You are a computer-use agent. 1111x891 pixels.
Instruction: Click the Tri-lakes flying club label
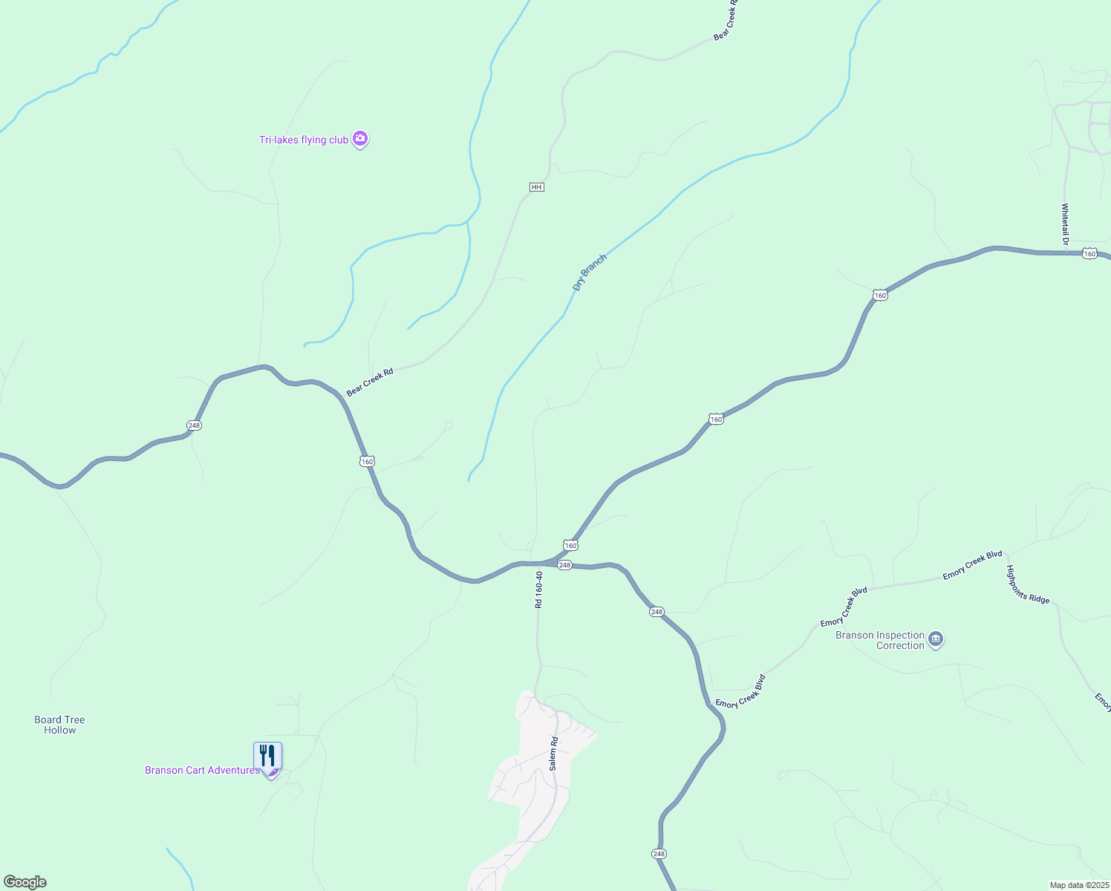tap(303, 140)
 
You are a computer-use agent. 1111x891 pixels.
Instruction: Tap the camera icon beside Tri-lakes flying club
tap(360, 138)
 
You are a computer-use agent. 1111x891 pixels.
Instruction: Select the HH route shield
tap(537, 187)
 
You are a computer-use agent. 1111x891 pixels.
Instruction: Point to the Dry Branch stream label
tap(590, 272)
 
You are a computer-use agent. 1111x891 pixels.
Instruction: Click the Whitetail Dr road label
tap(1064, 223)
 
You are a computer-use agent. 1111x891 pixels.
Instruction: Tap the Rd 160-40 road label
tap(539, 590)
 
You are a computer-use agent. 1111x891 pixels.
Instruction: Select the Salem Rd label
tap(553, 753)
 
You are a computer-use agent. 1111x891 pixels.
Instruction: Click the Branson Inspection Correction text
tap(880, 640)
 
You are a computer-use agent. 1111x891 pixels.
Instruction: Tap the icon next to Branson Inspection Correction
tap(936, 639)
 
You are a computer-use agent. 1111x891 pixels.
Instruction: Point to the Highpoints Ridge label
tap(1028, 584)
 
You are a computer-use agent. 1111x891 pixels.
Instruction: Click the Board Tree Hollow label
tap(59, 725)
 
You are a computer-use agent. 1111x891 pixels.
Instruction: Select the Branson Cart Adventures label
tap(202, 770)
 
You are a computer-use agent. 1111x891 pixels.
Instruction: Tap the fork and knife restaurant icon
tap(267, 755)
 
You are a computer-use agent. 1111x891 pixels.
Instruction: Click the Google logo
tap(25, 882)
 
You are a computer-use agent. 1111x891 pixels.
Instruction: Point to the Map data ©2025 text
tap(1078, 885)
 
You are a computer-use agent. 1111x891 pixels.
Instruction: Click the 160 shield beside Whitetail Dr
tap(1089, 254)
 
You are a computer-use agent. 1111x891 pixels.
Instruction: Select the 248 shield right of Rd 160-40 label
tap(564, 565)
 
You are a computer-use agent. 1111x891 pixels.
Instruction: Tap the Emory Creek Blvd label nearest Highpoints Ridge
tap(972, 566)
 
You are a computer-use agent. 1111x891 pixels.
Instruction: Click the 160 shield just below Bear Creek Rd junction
tap(367, 461)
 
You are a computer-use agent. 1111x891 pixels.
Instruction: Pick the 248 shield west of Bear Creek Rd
tap(194, 425)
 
